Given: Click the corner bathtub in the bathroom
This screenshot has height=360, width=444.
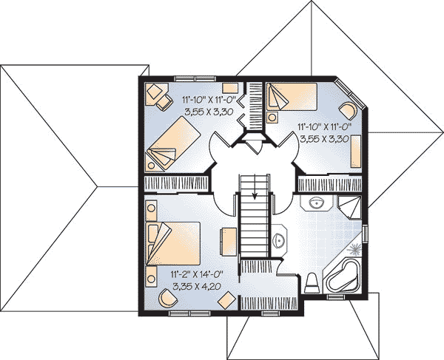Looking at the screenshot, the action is coord(343,277).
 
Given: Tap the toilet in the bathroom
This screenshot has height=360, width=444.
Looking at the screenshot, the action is coord(312,283).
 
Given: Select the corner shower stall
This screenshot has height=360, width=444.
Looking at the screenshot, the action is coord(349,207).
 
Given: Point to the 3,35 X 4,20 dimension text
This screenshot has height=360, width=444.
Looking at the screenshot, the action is coord(197,287).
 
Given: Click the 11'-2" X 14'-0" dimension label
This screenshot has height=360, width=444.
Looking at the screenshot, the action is coord(197,274).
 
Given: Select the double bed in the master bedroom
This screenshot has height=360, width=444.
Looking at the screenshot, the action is coord(172,243).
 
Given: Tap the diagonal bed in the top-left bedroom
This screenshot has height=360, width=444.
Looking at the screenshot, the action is coord(174,143).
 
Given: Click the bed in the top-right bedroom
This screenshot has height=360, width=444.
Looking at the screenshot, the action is coord(292,96).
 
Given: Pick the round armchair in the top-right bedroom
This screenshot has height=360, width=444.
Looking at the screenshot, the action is coord(348,111).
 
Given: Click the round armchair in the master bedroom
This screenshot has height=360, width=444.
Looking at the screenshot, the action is coord(168,298).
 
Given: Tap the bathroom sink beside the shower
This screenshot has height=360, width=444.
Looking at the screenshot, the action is coord(317,203).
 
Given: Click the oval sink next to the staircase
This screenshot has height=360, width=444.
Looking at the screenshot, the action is coord(279,241).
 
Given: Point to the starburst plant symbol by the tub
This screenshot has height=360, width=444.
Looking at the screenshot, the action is coord(354,249).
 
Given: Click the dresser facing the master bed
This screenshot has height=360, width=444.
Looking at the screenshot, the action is coord(229,242).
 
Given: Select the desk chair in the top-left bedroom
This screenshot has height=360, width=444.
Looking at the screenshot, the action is coord(164,102).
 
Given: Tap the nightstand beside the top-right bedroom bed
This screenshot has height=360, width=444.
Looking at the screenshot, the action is coord(272,117).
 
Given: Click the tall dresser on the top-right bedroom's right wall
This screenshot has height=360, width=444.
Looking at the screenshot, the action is coord(356,152).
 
